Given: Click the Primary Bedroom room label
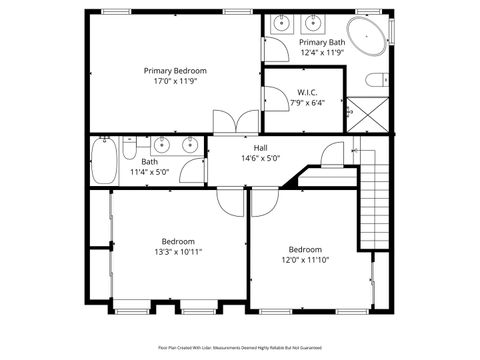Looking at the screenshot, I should tap(174, 70).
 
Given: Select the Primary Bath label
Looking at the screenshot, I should tap(321, 42).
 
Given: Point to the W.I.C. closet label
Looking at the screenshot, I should tap(307, 92).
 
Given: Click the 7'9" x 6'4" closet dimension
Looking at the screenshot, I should tap(307, 102).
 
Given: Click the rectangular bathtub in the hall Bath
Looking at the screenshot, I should tap(104, 160).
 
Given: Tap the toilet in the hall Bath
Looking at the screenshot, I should tap(129, 149).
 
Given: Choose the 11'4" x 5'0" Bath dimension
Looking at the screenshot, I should tap(150, 172).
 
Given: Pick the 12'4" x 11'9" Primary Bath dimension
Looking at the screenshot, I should tap(321, 53).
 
